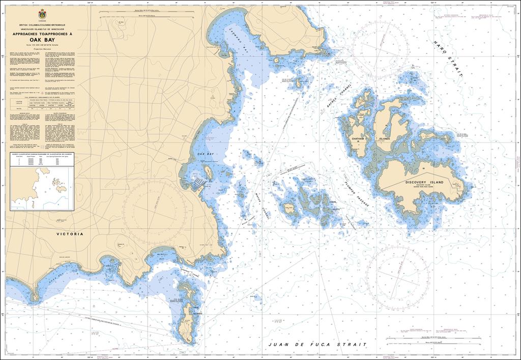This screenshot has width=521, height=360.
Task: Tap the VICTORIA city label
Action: (x=70, y=234)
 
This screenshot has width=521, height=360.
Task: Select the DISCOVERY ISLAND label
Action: (x=424, y=182)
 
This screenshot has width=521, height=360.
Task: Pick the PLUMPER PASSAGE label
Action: (x=356, y=192)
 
